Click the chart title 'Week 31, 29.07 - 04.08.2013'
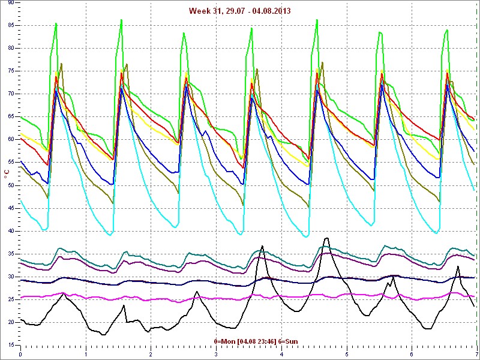click(x=239, y=11)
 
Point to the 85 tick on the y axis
click(x=11, y=25)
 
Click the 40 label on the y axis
click(x=11, y=231)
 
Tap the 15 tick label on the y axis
click(x=11, y=345)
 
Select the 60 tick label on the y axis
click(x=11, y=139)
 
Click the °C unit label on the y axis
click(x=7, y=174)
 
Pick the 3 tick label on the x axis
click(x=217, y=354)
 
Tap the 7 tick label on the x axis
click(x=476, y=354)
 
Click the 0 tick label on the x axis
click(x=21, y=354)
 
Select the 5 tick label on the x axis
click(x=347, y=354)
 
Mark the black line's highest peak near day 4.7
click(x=326, y=238)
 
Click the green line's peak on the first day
click(x=56, y=23)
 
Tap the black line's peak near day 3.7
click(x=262, y=245)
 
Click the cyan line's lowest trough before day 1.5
click(x=109, y=235)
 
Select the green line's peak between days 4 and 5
click(x=317, y=20)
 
